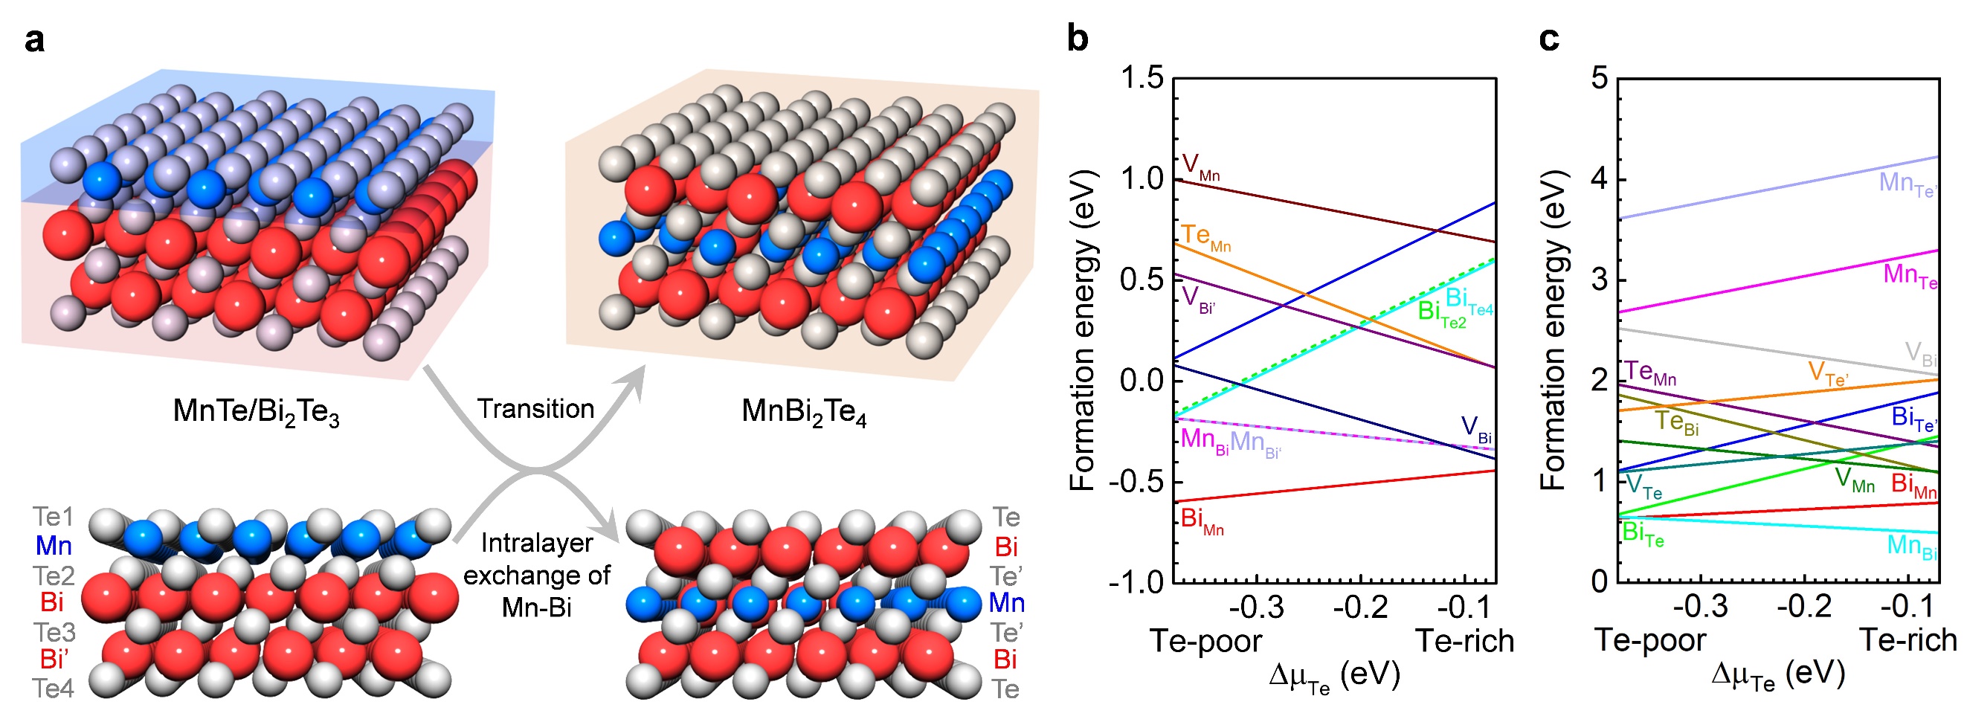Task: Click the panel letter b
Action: pos(1078,38)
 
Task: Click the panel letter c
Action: pos(1548,38)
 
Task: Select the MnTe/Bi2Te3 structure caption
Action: pos(256,412)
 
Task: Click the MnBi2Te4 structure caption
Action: pos(804,412)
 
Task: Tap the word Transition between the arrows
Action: pos(535,409)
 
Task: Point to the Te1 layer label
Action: pos(53,517)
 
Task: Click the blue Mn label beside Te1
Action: pos(54,546)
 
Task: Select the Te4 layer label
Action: pos(53,689)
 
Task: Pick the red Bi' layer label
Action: pos(53,660)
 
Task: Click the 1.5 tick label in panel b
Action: pos(1142,79)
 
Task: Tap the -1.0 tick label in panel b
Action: pos(1136,582)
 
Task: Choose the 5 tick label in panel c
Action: pos(1600,79)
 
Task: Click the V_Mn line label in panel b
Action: pos(1200,167)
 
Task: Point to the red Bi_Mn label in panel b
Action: pos(1202,520)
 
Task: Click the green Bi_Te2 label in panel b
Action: pos(1441,312)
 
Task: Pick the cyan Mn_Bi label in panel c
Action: pos(1911,546)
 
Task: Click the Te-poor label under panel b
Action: pos(1205,641)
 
